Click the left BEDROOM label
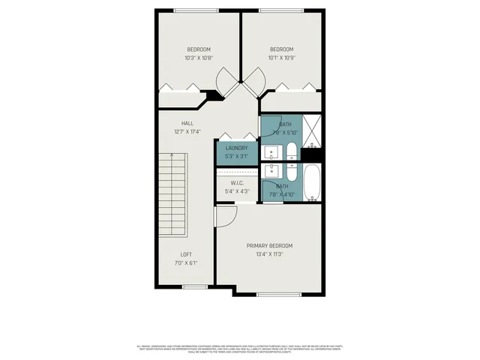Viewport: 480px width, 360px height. pos(199,49)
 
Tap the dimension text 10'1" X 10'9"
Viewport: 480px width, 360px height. pos(282,58)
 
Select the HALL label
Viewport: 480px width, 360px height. pos(187,123)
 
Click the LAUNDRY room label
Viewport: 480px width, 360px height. pos(236,148)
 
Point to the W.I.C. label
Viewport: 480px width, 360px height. pos(236,183)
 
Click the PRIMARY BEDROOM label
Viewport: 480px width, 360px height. pos(269,246)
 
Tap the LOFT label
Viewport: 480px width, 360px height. pos(186,255)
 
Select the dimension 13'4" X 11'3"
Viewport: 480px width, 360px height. pos(269,254)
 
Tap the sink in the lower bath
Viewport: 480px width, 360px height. pos(271,171)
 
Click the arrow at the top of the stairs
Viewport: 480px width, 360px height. pos(172,155)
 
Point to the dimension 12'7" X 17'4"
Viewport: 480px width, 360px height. pos(187,131)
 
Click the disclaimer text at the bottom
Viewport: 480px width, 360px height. pos(240,348)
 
